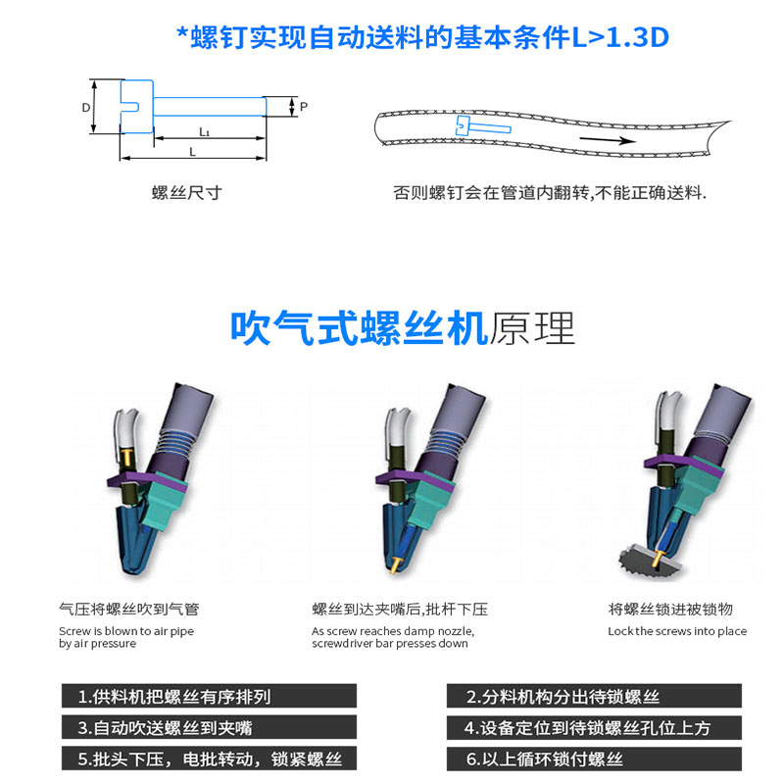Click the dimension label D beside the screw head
pos(86,108)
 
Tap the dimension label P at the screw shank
pos(304,107)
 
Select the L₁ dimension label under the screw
pos(205,131)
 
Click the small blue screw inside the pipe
pos(482,126)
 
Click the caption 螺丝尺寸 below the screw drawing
pos(187,192)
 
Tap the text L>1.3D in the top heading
pos(620,37)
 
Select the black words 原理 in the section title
pos(532,328)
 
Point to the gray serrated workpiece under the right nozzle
pos(650,561)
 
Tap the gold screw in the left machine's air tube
pos(127,456)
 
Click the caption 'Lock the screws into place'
pos(677,631)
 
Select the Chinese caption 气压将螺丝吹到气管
pos(129,609)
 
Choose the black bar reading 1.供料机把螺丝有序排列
pos(209,696)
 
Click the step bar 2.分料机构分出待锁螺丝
pos(594,696)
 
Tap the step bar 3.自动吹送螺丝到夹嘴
pos(209,727)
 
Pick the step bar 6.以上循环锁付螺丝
pos(594,759)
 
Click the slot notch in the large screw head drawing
pos(129,107)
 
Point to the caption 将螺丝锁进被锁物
pos(670,609)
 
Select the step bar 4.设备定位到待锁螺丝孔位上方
pos(594,727)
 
